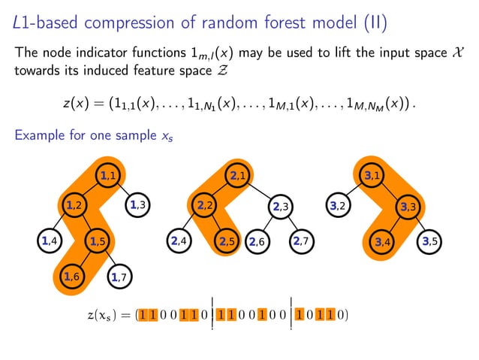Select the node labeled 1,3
pos(137,204)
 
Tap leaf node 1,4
pos(51,241)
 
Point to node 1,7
pos(119,278)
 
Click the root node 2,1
pos(239,176)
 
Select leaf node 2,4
pos(179,241)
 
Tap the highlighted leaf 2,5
pos(226,241)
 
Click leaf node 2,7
pos(302,241)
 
